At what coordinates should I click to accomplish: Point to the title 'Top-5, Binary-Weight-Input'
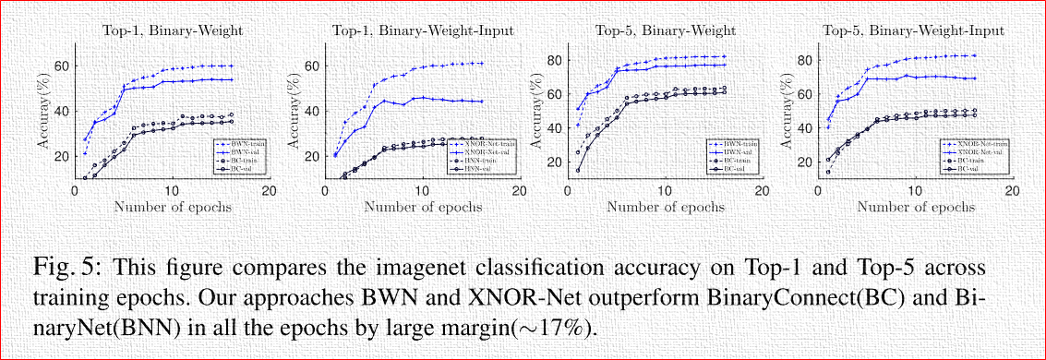pyautogui.click(x=913, y=30)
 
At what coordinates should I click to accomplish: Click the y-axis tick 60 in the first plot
pyautogui.click(x=62, y=66)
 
